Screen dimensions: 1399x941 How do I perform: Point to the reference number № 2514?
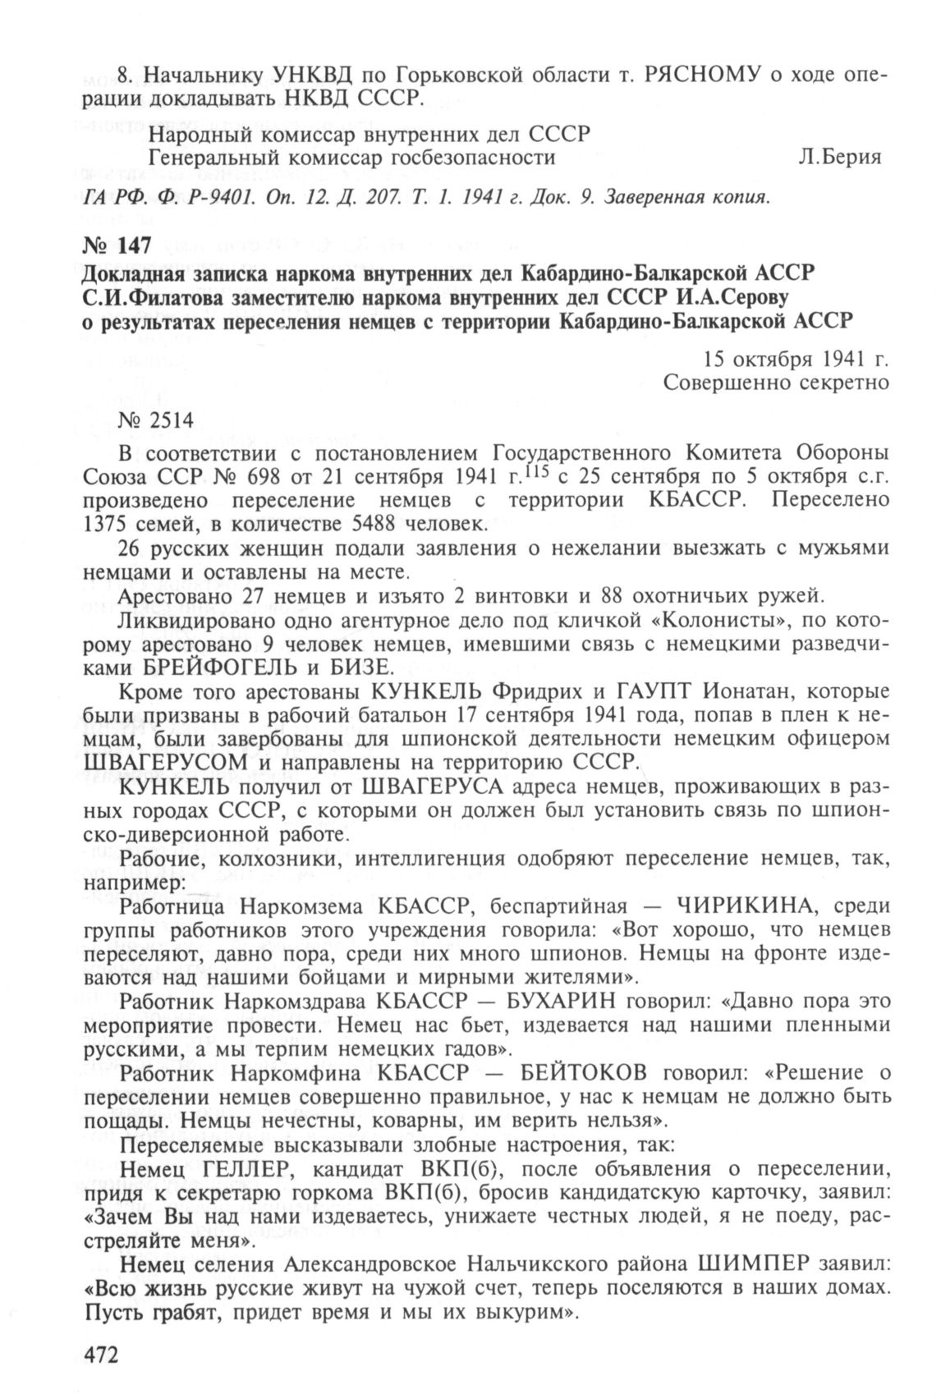point(156,421)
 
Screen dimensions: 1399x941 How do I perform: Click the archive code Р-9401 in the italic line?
point(198,198)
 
